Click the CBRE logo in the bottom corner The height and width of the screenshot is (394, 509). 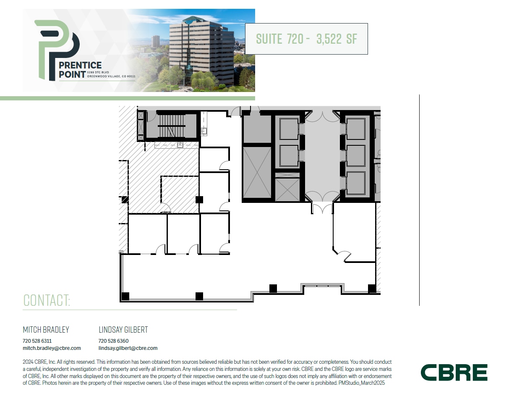454,373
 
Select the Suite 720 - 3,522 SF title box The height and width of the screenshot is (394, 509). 306,39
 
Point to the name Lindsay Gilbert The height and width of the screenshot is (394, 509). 123,330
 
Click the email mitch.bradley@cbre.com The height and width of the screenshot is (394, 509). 52,348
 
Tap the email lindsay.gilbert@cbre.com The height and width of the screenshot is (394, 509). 128,348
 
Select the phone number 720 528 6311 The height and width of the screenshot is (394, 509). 37,341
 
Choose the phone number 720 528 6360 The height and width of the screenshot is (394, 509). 113,341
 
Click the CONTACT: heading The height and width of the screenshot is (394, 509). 47,301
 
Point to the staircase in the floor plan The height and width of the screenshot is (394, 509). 171,125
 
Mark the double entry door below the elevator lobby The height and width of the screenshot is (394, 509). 322,208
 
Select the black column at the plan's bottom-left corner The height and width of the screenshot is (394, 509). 125,296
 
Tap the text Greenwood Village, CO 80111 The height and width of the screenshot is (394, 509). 111,76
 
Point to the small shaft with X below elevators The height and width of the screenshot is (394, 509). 287,189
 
